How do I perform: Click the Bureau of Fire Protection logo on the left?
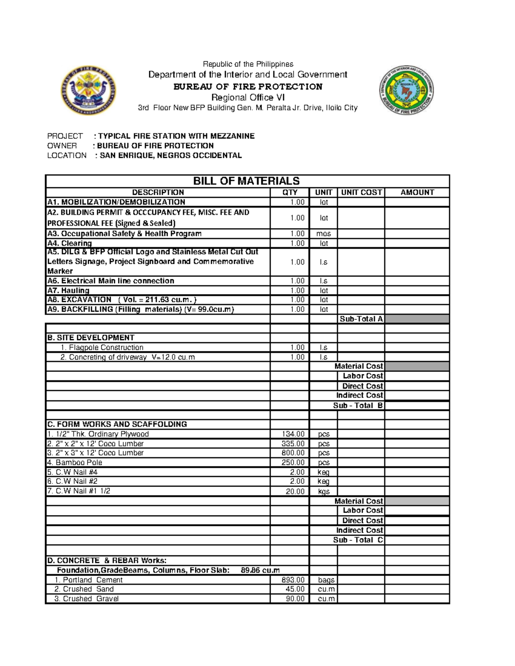(x=88, y=90)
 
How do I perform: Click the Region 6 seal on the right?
(x=406, y=90)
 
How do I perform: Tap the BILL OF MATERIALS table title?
(x=246, y=181)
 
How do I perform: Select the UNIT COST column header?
(x=361, y=193)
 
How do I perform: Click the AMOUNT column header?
(x=417, y=193)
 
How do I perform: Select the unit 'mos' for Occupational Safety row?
(x=324, y=234)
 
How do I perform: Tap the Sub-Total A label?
(x=361, y=319)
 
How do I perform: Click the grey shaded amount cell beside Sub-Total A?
(x=417, y=319)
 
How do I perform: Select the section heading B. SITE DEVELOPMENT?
(x=91, y=338)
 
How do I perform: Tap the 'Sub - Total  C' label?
(x=358, y=540)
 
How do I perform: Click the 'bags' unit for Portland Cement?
(x=326, y=580)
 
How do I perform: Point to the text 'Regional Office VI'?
(x=248, y=97)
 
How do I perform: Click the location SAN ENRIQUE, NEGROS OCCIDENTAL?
(x=170, y=155)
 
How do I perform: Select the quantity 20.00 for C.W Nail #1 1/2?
(x=295, y=491)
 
